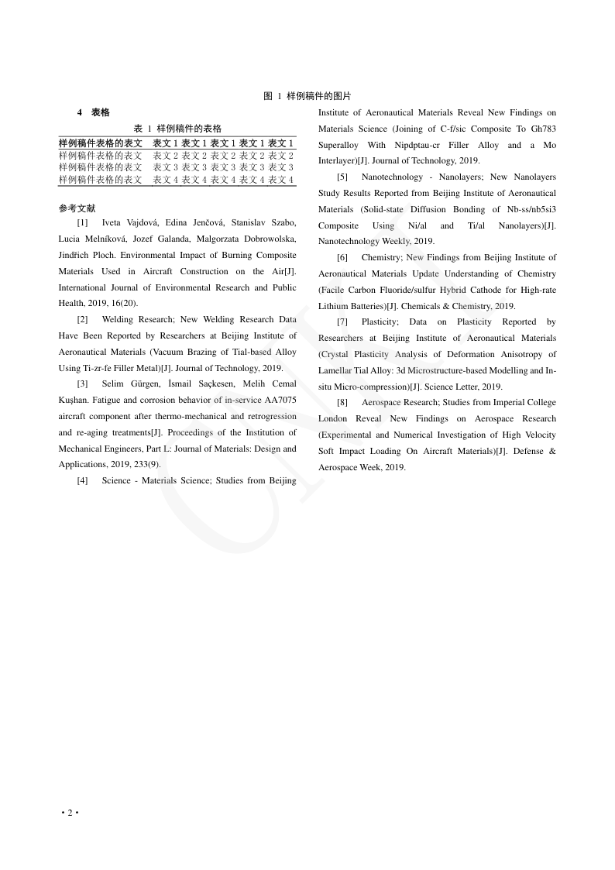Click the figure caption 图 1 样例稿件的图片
tap(307, 96)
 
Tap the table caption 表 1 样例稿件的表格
tap(177, 128)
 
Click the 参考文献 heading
tap(77, 208)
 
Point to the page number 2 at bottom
tap(70, 812)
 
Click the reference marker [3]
tap(82, 384)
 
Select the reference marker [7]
tap(342, 322)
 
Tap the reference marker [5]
tap(342, 177)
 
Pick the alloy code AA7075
tap(276, 401)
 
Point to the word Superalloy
tap(338, 145)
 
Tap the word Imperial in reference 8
tap(503, 402)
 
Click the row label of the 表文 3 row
tap(101, 167)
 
